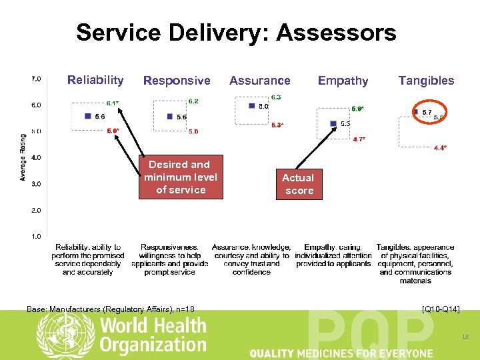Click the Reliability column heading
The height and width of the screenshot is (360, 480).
click(95, 81)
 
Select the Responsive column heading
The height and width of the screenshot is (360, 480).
click(177, 81)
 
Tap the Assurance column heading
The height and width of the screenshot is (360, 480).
click(259, 81)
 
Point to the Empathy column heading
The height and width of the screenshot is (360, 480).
click(343, 81)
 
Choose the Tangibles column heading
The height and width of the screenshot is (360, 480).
click(426, 81)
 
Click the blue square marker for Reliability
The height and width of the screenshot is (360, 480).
click(88, 116)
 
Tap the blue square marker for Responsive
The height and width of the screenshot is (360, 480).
click(171, 116)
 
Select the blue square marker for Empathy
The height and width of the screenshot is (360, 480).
click(333, 123)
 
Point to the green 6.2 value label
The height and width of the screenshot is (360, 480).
click(193, 101)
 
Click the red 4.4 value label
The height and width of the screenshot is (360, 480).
click(440, 148)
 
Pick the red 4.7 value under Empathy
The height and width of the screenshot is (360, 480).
click(359, 139)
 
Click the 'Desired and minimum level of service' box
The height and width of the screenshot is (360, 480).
click(179, 177)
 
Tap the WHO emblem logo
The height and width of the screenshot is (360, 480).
click(65, 335)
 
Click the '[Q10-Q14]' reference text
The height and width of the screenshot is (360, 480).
click(441, 309)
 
